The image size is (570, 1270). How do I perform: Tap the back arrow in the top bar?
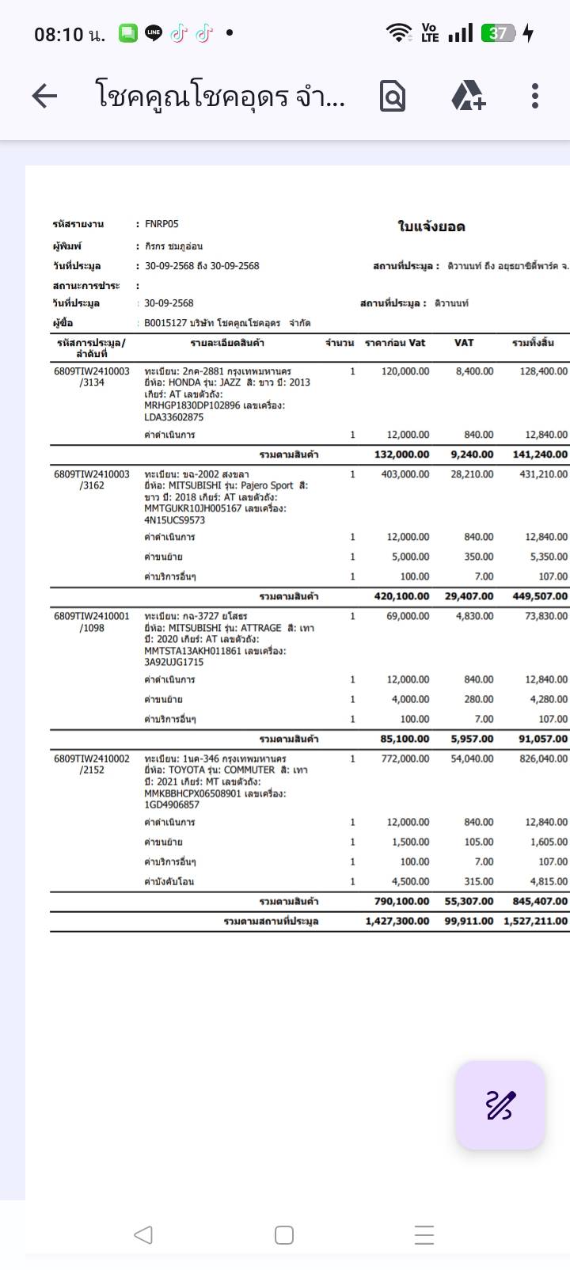[x=44, y=96]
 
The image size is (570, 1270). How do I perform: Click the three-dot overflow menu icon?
[x=535, y=96]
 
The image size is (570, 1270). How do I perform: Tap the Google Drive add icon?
[x=468, y=96]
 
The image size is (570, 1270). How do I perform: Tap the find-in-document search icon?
[x=393, y=96]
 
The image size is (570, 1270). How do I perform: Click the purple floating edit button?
[x=500, y=1105]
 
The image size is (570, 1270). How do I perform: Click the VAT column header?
[x=464, y=343]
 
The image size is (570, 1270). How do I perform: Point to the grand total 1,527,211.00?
[x=535, y=921]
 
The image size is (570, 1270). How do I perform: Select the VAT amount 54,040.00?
[x=469, y=759]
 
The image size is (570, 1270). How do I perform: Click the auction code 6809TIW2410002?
[x=92, y=759]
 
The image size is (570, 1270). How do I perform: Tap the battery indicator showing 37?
[x=499, y=33]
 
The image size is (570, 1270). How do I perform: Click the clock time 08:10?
[x=59, y=35]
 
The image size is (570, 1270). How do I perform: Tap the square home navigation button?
[x=283, y=1235]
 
